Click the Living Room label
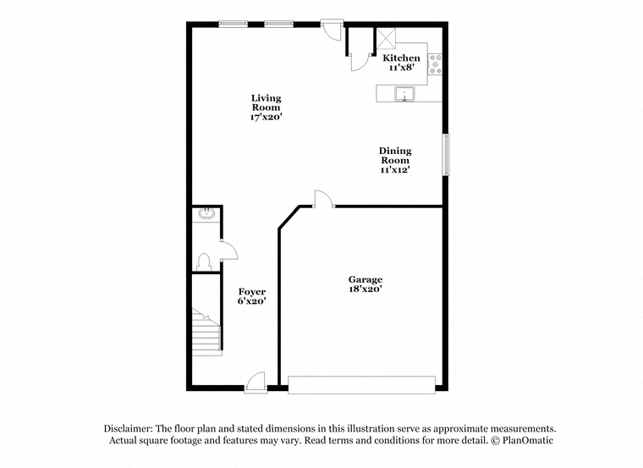click(267, 102)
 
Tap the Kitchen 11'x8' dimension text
click(401, 68)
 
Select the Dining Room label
click(395, 156)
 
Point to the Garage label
click(365, 280)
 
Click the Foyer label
click(252, 292)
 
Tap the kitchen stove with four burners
click(435, 64)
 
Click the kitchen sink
click(404, 94)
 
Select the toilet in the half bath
click(204, 262)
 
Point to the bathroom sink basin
click(206, 213)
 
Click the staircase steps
click(207, 333)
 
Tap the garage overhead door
click(361, 385)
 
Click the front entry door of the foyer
click(256, 383)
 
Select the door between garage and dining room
click(324, 199)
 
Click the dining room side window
click(446, 155)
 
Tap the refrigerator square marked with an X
click(386, 38)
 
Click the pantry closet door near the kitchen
click(360, 63)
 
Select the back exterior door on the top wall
click(332, 30)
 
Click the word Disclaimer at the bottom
click(128, 428)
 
